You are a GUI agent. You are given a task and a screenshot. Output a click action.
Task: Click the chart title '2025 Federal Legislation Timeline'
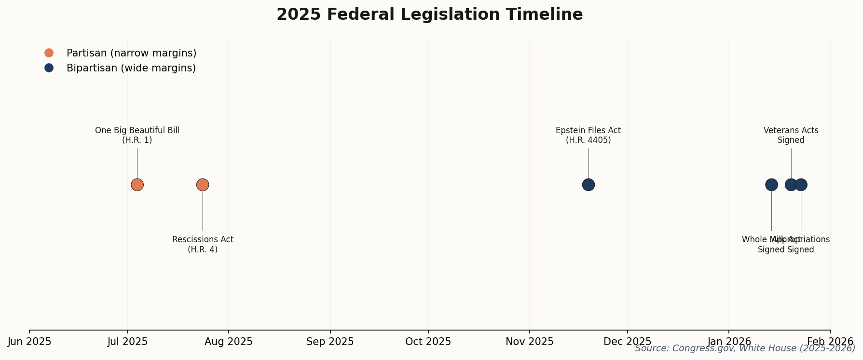(429, 14)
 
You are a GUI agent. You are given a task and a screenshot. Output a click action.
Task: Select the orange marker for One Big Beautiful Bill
(137, 185)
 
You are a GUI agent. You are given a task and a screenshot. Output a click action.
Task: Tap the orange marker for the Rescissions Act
(203, 185)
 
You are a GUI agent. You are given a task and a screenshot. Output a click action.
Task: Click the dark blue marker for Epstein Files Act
(589, 185)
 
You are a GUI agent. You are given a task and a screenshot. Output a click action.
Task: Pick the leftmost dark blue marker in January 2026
(771, 185)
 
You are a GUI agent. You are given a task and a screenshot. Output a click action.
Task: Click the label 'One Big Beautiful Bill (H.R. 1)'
(137, 136)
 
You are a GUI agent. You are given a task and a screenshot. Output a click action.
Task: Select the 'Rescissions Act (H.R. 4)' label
(203, 245)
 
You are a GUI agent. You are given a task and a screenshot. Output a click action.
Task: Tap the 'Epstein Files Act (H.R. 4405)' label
(589, 136)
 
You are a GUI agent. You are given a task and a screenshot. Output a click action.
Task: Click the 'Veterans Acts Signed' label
(791, 136)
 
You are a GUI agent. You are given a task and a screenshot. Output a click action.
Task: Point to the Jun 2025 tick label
(29, 342)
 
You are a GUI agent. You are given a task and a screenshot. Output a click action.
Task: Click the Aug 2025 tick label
(229, 342)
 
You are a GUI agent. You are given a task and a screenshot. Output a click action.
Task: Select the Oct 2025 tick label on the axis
(428, 342)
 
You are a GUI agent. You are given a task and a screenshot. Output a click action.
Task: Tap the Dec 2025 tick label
(627, 342)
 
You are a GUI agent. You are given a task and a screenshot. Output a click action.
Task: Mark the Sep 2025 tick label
(330, 342)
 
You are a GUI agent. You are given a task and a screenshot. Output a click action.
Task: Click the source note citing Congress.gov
(745, 348)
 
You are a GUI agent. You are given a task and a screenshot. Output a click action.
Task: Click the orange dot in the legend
(49, 53)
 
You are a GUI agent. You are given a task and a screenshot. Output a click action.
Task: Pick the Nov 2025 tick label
(530, 342)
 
